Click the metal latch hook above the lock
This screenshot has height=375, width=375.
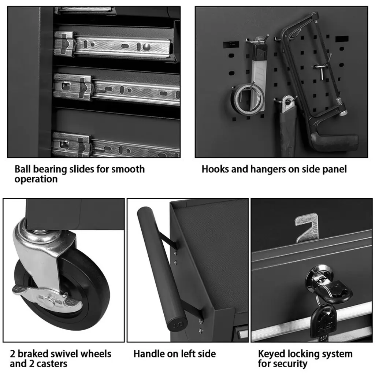pos(307,227)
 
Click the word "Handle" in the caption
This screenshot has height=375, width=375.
pos(148,354)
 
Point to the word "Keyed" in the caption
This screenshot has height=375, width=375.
pos(271,354)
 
